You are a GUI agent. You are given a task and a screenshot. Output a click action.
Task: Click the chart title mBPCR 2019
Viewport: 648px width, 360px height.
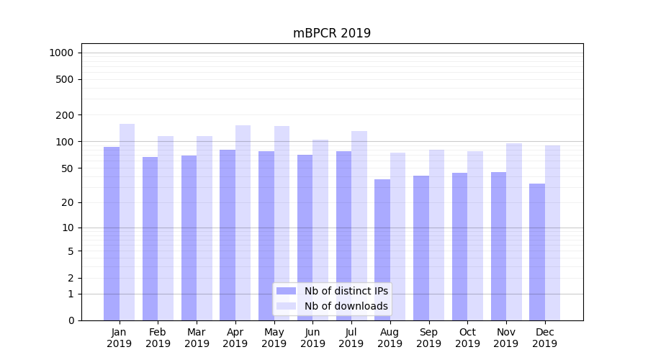click(x=332, y=33)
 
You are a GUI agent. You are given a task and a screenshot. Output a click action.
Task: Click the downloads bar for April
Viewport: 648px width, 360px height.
click(x=243, y=222)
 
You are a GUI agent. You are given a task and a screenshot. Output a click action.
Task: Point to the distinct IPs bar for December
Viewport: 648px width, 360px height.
click(x=537, y=252)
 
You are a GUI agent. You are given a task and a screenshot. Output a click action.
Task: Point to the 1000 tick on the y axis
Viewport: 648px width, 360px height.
click(x=61, y=53)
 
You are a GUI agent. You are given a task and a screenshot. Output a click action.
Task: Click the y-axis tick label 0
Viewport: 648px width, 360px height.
click(x=71, y=320)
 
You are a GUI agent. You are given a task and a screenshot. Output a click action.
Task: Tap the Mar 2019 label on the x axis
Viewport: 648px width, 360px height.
click(x=197, y=338)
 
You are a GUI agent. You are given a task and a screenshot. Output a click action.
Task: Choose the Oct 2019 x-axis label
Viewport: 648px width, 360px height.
click(x=467, y=338)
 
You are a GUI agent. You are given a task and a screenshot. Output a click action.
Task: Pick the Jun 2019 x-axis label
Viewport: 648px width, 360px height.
click(x=312, y=338)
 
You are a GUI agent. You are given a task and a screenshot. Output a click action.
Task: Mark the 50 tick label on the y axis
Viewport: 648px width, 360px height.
click(x=68, y=168)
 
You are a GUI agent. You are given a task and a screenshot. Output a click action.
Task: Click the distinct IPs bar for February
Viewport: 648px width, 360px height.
click(x=150, y=238)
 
